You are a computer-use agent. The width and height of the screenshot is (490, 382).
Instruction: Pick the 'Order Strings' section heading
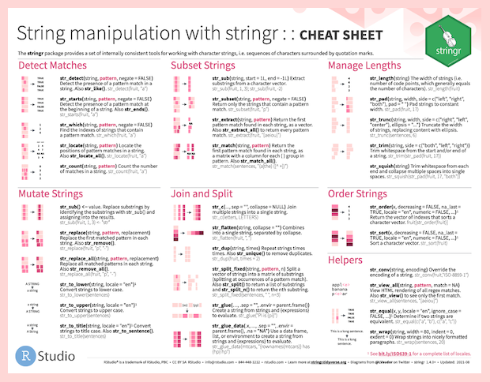(364, 192)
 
